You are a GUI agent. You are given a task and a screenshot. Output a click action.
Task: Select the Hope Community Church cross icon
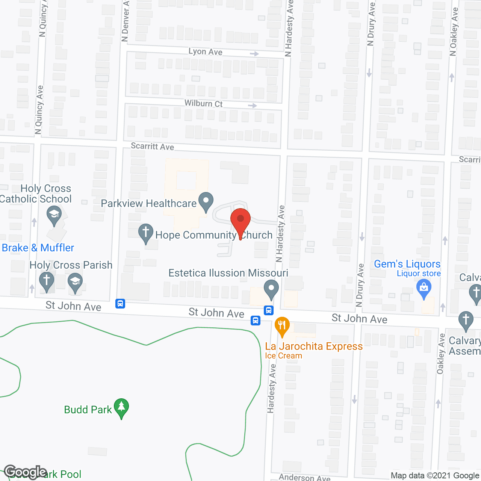[x=146, y=233]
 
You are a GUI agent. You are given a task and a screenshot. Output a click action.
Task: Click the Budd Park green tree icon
[x=121, y=408]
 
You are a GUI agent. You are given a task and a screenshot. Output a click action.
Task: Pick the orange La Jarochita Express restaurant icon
[x=282, y=326]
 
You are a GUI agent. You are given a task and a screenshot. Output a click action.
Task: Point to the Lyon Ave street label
[x=205, y=51]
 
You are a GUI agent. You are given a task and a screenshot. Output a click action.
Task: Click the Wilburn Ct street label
[x=203, y=103]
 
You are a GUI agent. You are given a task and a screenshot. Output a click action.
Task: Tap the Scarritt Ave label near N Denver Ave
[x=152, y=146]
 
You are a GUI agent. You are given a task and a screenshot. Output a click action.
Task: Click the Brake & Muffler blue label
[x=38, y=248]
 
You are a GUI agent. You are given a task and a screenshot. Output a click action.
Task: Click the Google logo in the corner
[x=26, y=472]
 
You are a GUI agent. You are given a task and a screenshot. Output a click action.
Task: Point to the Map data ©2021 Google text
[x=435, y=476]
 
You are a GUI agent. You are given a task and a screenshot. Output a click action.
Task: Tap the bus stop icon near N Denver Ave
[x=120, y=303]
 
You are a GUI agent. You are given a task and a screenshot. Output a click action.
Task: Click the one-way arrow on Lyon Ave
[x=254, y=54]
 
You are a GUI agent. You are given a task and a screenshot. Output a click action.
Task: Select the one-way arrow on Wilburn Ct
[x=253, y=106]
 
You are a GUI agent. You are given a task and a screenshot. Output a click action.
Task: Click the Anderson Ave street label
[x=304, y=478]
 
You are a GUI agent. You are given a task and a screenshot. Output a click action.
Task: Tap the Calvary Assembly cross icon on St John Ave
[x=466, y=321]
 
